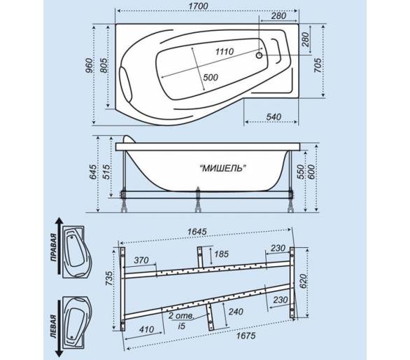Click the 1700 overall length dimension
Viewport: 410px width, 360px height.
tap(199, 6)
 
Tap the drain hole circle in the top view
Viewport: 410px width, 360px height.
tap(259, 55)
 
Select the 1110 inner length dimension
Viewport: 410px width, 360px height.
tap(225, 52)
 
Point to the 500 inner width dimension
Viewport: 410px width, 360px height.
tap(211, 77)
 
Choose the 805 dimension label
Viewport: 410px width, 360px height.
tap(104, 65)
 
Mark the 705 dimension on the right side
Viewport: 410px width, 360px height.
tap(318, 65)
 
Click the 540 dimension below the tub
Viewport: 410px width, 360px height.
tap(274, 117)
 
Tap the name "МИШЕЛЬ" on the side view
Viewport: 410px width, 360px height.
tap(223, 168)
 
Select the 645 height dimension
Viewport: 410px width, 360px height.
tap(93, 172)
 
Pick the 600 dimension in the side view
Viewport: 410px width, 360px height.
tap(311, 172)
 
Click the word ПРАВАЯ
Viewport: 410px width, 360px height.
tap(54, 248)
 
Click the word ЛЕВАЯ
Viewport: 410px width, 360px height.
tap(54, 327)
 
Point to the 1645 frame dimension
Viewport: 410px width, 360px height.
tap(197, 232)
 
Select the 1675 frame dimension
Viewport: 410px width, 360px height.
tap(246, 336)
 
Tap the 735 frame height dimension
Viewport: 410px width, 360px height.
tap(110, 278)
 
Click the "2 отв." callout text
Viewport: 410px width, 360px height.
tap(181, 316)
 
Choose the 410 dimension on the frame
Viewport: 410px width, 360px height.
tap(146, 329)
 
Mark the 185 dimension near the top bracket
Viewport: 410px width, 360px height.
tap(221, 254)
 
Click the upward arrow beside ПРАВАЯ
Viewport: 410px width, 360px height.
tap(59, 245)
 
